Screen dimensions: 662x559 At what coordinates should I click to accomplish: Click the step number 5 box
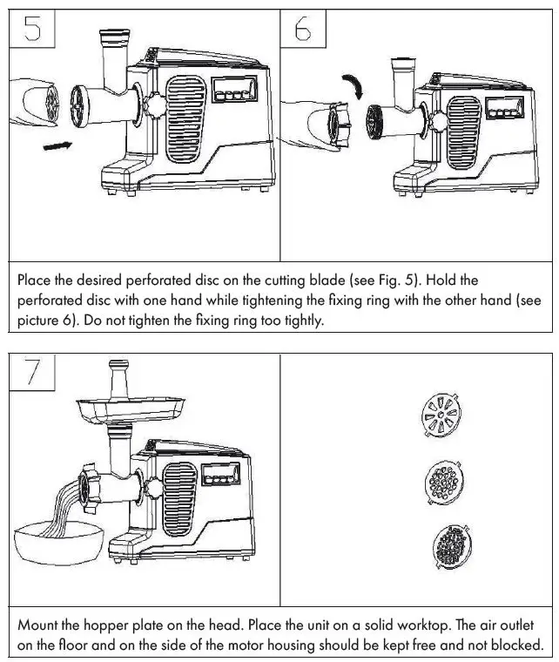(32, 30)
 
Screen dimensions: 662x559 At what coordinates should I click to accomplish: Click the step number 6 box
(303, 30)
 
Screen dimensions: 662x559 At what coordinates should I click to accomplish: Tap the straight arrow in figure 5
(57, 146)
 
